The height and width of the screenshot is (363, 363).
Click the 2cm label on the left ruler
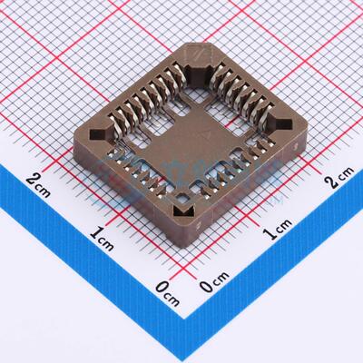tap(38, 178)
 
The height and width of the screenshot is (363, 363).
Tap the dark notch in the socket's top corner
tap(197, 56)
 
